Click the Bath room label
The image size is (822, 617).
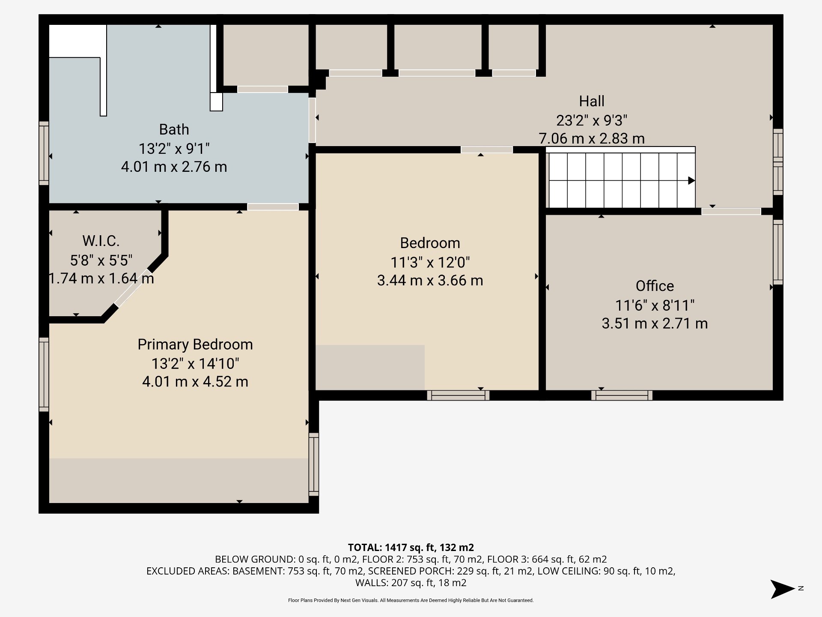pos(174,129)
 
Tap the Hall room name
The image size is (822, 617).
pos(592,101)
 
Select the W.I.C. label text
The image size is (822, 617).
pos(101,241)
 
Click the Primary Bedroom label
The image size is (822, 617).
pos(195,344)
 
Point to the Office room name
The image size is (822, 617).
pos(655,286)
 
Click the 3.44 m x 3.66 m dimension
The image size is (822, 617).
pos(430,280)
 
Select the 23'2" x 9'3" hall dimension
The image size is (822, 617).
pos(592,120)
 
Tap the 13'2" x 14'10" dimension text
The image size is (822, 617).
pos(195,364)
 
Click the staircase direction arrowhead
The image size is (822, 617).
pos(691,181)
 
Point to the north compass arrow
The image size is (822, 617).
pos(783,589)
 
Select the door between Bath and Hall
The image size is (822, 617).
pos(313,120)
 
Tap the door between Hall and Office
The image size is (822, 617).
pos(731,211)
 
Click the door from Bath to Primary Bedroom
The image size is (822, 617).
pos(273,207)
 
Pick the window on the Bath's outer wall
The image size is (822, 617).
pos(44,153)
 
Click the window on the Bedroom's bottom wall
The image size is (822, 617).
pos(458,395)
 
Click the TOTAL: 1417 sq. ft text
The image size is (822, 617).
pos(411,547)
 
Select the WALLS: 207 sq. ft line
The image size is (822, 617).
pos(411,583)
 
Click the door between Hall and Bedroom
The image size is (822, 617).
pos(486,150)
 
